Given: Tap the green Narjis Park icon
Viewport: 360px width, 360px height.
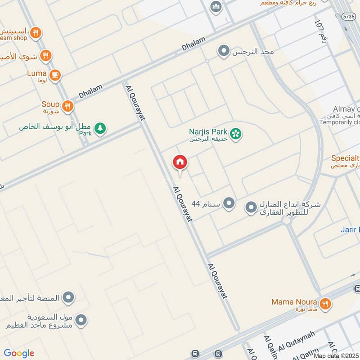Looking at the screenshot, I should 235,134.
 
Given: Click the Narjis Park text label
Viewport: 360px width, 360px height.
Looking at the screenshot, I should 208,132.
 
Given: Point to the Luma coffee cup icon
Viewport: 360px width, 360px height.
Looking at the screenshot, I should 55,75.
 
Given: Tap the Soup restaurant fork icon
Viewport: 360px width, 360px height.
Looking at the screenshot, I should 67,106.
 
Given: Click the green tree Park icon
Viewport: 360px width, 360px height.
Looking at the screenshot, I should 100,129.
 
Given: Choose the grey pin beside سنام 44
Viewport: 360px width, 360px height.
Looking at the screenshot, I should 229,204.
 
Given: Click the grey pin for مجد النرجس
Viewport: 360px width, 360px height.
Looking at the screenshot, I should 223,51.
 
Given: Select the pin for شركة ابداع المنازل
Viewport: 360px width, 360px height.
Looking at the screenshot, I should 251,207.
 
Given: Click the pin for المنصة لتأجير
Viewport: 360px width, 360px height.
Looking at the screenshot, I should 68,297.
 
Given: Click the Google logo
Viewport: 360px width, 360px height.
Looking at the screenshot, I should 19,353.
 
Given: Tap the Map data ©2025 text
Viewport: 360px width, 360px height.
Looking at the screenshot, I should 336,355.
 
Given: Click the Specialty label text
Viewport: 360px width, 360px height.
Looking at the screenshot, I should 345,158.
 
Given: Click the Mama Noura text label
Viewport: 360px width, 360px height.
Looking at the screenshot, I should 294,302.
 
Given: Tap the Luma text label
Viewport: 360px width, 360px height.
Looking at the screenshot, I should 37,72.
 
